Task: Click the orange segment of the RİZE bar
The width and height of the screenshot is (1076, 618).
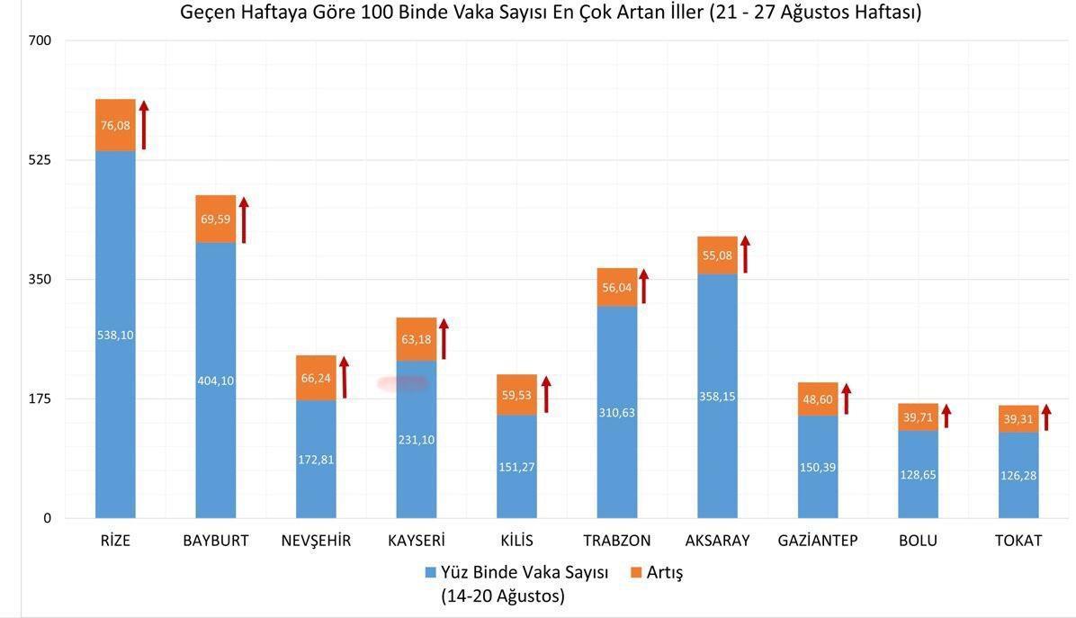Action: (115, 125)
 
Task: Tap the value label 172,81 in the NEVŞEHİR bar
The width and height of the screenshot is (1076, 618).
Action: (316, 460)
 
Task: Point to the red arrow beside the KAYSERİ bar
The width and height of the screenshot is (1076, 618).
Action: (444, 338)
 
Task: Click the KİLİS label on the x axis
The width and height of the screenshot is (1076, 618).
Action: (516, 541)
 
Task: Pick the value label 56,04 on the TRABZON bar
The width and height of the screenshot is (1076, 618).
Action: (616, 287)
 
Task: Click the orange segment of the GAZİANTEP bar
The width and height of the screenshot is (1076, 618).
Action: (817, 399)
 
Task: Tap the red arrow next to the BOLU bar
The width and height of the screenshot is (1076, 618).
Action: (946, 416)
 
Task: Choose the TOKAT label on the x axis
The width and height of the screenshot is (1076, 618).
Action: (1018, 541)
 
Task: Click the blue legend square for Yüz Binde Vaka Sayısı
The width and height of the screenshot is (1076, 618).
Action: (431, 573)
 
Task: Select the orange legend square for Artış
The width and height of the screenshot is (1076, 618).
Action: (636, 573)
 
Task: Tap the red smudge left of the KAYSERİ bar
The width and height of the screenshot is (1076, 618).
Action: (402, 383)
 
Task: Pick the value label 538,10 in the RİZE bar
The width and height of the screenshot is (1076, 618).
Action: (115, 335)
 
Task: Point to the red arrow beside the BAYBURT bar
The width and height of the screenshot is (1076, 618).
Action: (243, 220)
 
